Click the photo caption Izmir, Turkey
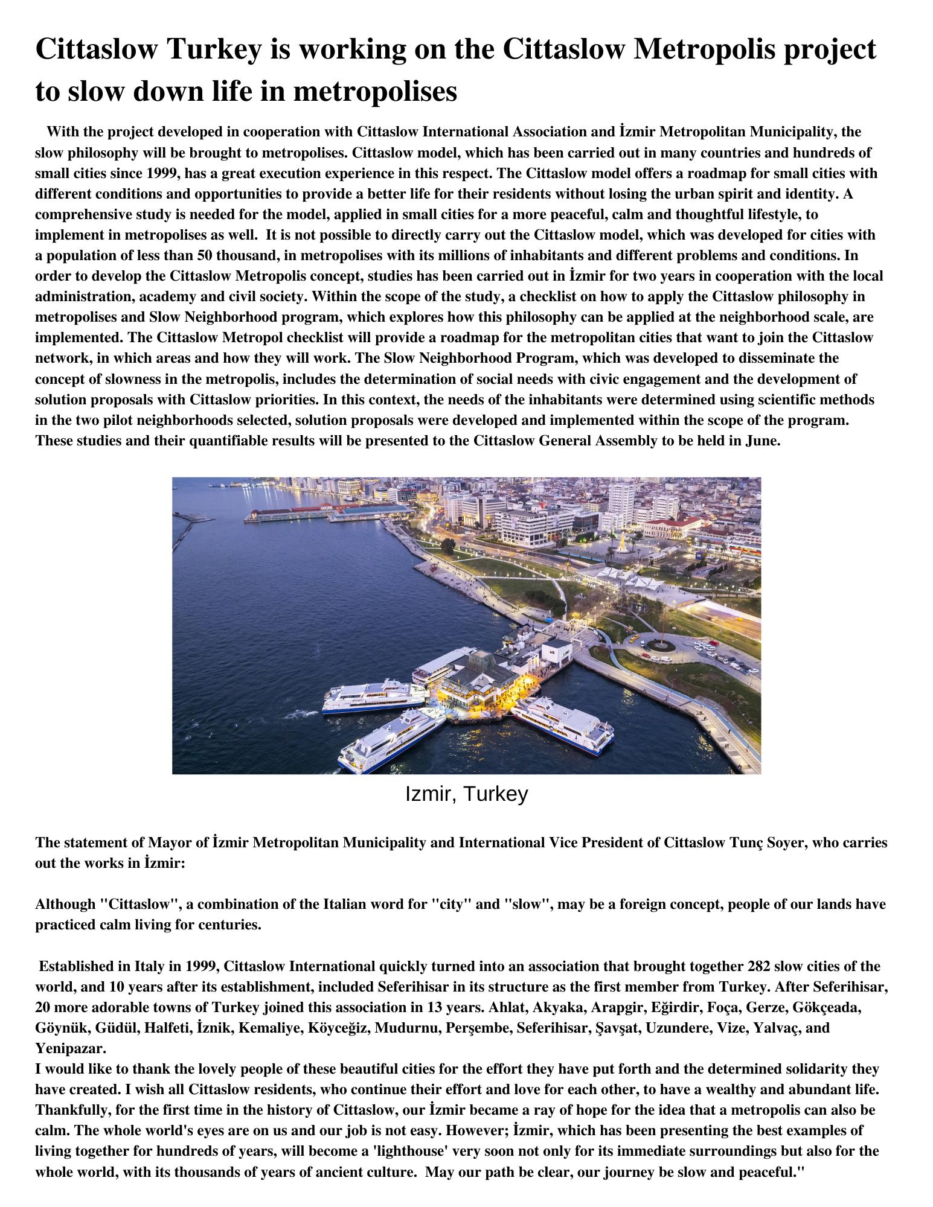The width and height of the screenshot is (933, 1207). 466,794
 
